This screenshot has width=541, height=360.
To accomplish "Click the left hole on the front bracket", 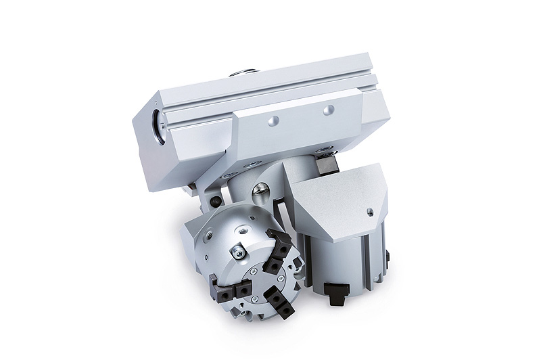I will pos(272,122).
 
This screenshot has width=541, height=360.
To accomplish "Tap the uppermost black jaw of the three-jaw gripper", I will pos(279,240).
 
